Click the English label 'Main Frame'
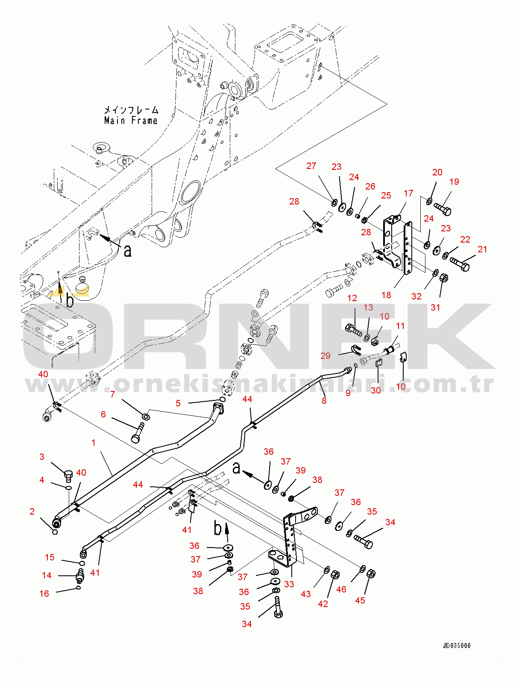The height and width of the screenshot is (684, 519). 131,121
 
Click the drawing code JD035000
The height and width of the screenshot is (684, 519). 456,646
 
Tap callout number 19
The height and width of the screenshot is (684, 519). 454,182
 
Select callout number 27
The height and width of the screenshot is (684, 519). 311,166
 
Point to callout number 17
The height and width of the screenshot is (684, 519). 408,193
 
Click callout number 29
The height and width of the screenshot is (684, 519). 325,355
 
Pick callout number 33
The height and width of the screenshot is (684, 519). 289,584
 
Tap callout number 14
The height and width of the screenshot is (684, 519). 47,575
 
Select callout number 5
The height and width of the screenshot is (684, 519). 178,403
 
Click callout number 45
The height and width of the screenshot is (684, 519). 360,600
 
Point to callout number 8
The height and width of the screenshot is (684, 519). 324,401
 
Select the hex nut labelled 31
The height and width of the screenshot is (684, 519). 444,278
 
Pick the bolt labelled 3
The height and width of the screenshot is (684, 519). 68,475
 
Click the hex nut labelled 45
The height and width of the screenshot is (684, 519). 371,574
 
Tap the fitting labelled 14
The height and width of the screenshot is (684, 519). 80,576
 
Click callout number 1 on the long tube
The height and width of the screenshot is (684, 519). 94,443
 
